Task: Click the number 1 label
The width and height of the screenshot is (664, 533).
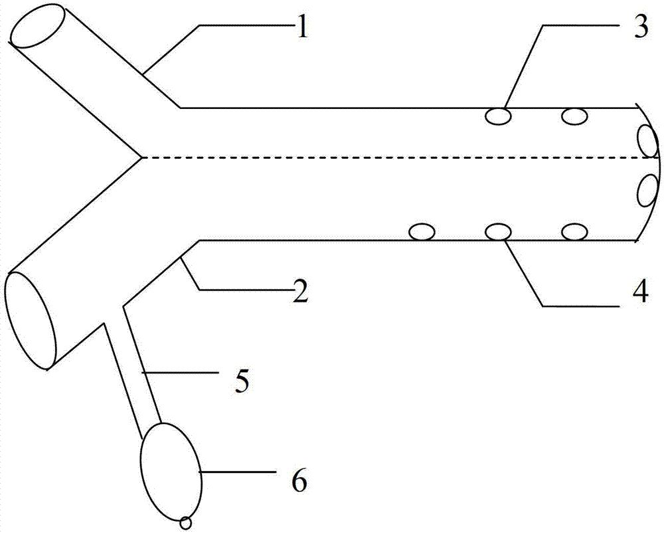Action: click(x=302, y=30)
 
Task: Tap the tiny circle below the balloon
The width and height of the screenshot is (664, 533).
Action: click(x=187, y=523)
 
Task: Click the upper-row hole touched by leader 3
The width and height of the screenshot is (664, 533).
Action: click(x=498, y=117)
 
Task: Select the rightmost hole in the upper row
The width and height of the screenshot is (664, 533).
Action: click(x=574, y=117)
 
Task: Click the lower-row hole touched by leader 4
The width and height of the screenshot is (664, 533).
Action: click(x=498, y=232)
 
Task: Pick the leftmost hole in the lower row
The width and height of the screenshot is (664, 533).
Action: click(x=422, y=232)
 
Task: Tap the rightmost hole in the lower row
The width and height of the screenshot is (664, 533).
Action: click(x=574, y=232)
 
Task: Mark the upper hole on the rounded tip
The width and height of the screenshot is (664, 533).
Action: click(x=647, y=140)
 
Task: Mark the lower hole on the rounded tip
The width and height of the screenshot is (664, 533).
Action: click(x=647, y=191)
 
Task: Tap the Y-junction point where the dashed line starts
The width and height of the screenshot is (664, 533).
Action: click(x=141, y=158)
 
